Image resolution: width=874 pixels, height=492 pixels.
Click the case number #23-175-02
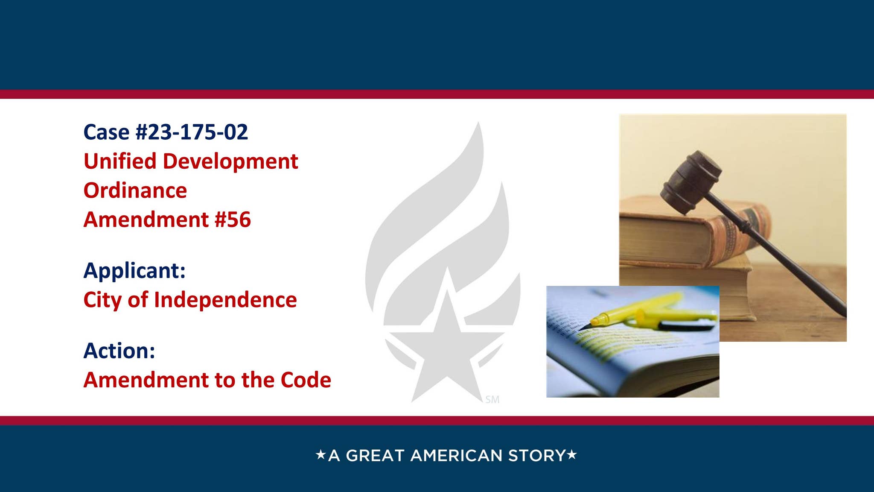tap(192, 132)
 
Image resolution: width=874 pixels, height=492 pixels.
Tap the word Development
tap(230, 161)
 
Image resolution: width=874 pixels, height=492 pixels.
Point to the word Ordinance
tap(135, 190)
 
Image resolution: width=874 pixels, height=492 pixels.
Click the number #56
tap(233, 220)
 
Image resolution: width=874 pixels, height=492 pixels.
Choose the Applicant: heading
tap(134, 270)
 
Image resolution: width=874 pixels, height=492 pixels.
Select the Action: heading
tap(119, 351)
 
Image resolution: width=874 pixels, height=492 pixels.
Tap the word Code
tap(306, 380)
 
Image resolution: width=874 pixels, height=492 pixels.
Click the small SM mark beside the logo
tap(492, 400)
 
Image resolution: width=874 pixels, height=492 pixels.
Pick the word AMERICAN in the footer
tap(456, 456)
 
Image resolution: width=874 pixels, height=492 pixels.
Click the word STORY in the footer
tap(537, 456)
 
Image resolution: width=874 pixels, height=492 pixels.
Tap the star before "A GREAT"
tap(320, 454)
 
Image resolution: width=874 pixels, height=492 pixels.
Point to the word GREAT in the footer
tap(375, 456)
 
